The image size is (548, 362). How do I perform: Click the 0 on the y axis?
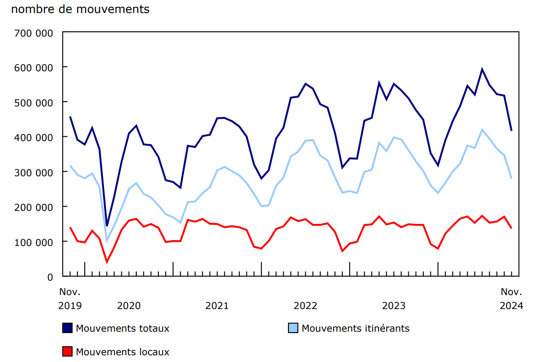click(x=50, y=277)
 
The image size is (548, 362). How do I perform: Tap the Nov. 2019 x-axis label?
click(x=70, y=298)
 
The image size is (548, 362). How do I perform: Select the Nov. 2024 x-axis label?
click(x=511, y=298)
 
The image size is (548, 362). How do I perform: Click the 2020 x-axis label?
click(x=129, y=306)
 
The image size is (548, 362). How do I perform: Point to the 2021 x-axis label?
click(x=217, y=306)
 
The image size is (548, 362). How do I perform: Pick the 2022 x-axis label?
click(x=305, y=306)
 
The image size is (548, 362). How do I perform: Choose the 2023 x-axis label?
click(x=393, y=306)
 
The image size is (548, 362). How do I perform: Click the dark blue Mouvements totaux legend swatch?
click(x=67, y=328)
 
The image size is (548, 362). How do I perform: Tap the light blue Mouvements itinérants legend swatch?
click(x=293, y=328)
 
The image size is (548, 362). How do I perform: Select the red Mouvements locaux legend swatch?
click(x=67, y=352)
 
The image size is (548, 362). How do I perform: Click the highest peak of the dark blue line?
click(x=482, y=69)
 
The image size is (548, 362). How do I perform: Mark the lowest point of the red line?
click(x=107, y=262)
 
